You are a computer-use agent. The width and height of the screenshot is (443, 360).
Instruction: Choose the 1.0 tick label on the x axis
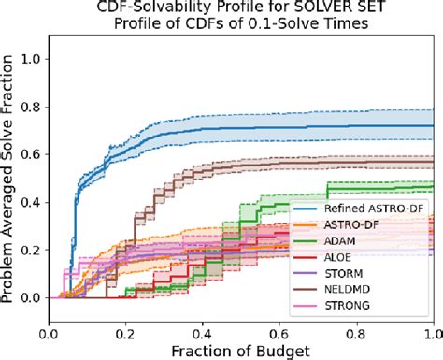click(433, 333)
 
